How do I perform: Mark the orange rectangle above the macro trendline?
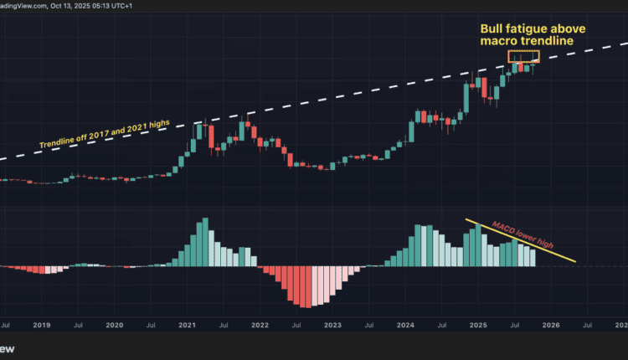524,56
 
